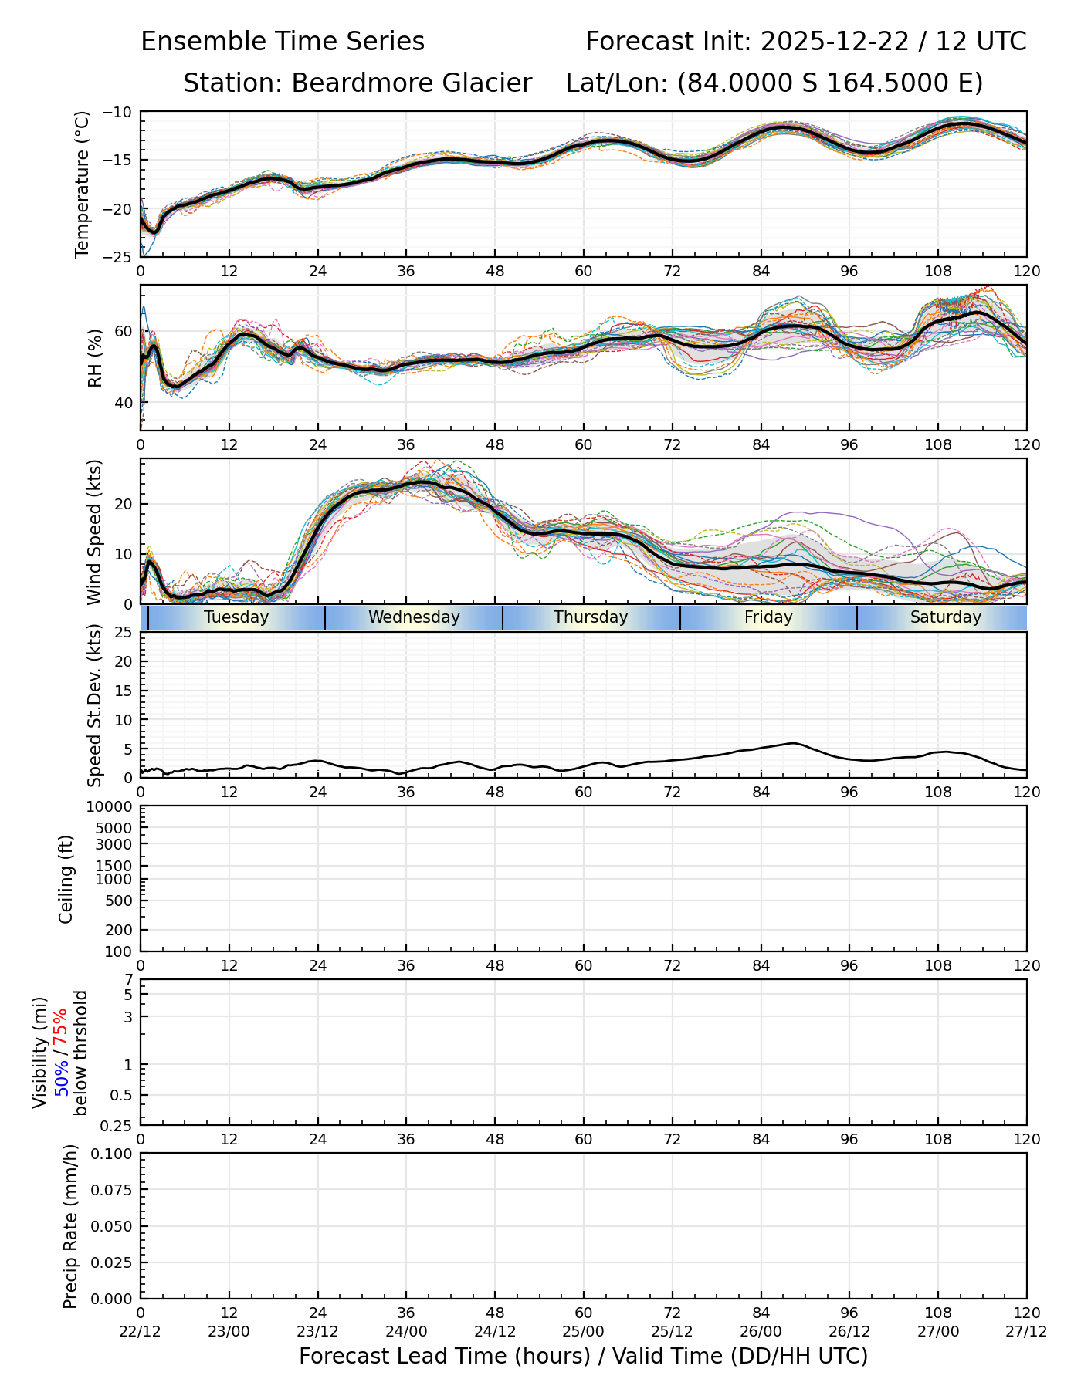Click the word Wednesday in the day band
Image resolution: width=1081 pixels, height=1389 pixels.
[x=414, y=617]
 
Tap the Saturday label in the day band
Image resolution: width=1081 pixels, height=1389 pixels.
[x=945, y=617]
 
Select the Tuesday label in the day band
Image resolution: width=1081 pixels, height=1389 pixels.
[x=236, y=617]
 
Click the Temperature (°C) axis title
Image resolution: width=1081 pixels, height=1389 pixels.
[x=83, y=184]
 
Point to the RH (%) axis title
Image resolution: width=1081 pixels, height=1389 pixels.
[x=95, y=358]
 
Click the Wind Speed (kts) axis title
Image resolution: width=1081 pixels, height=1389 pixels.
[x=95, y=532]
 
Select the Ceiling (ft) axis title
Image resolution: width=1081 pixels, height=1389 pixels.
[x=66, y=879]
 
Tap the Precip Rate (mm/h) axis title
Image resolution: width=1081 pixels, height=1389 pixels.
[x=71, y=1226]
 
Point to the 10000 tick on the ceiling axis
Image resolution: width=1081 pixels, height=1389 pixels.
[x=111, y=807]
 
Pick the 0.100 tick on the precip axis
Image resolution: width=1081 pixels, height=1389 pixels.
[x=113, y=1154]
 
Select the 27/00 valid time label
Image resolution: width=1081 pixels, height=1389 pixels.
[x=938, y=1331]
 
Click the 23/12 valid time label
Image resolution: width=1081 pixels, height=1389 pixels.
[x=318, y=1331]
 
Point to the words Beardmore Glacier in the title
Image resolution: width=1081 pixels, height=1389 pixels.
[x=411, y=83]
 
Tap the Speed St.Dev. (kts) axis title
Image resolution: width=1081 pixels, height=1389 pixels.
[x=95, y=705]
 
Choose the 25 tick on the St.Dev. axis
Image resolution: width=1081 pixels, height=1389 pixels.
[x=124, y=633]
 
